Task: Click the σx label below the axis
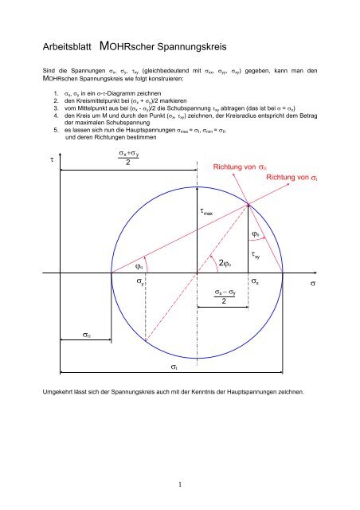click(254, 283)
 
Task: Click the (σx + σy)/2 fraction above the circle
click(118, 157)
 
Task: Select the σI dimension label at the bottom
click(174, 367)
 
